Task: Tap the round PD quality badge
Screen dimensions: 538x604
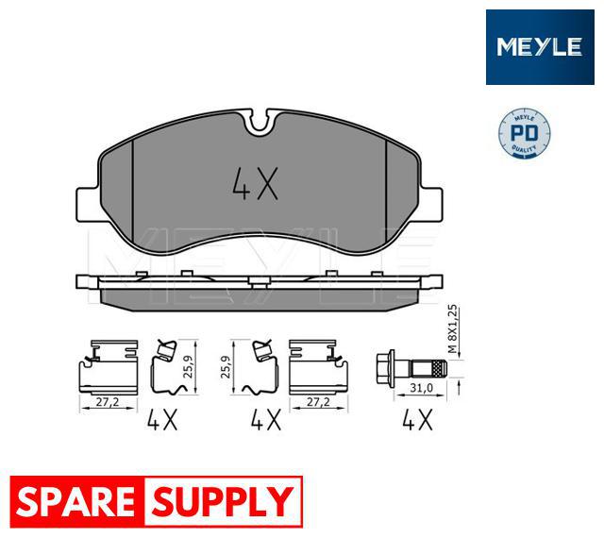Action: click(x=525, y=135)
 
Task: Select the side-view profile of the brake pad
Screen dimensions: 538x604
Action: click(x=257, y=291)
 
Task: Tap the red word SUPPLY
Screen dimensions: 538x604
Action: click(x=223, y=501)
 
